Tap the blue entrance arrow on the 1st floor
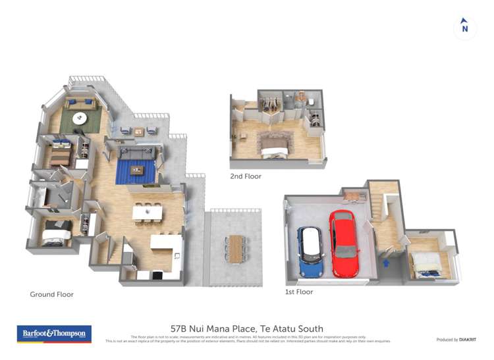click(387, 263)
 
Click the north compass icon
click(464, 27)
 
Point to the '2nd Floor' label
click(245, 176)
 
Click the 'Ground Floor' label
click(51, 294)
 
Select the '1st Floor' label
click(299, 292)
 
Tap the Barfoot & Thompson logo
click(54, 334)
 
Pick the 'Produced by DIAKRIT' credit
click(456, 340)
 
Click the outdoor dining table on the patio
click(235, 248)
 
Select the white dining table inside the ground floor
click(147, 213)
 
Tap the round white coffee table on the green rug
click(80, 118)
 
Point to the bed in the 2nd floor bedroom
click(273, 145)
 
